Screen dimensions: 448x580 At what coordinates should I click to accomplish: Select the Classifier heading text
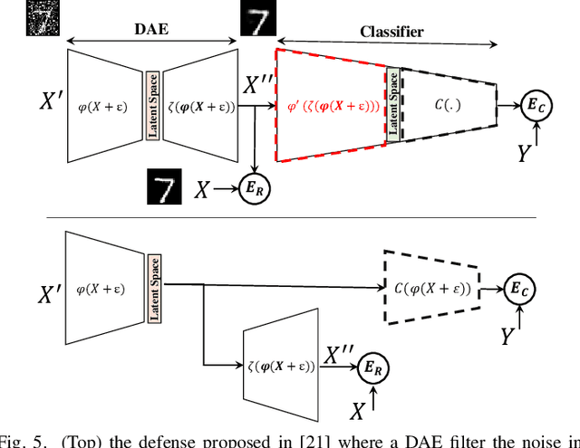(x=391, y=32)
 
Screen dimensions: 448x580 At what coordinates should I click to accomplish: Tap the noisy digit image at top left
(x=41, y=18)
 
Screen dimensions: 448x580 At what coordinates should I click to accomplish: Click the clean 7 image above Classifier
(x=257, y=19)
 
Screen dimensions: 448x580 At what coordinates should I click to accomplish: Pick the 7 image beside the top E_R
(x=165, y=188)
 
